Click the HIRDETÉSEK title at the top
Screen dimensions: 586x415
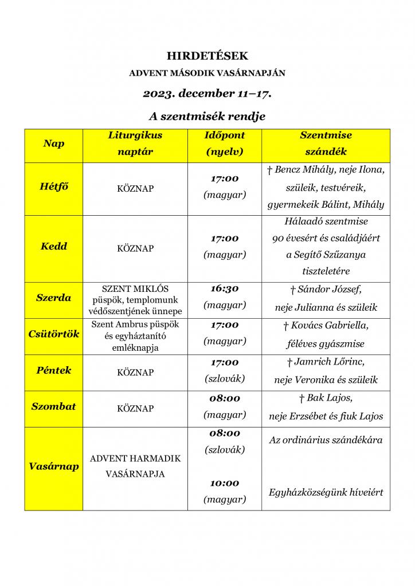(207, 56)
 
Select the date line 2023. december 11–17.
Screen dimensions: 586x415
(207, 93)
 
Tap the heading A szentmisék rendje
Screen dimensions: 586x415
(207, 116)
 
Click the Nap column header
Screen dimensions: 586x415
(53, 144)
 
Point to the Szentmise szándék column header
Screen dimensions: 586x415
(326, 144)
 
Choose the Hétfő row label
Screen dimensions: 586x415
(53, 188)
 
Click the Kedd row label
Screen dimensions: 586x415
(53, 247)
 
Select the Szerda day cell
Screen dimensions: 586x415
(53, 298)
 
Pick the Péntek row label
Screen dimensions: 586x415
(53, 370)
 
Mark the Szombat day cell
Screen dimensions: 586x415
(53, 407)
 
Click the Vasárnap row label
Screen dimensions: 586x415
(53, 466)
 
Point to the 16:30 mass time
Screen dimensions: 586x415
(224, 288)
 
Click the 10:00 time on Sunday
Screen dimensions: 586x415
(224, 484)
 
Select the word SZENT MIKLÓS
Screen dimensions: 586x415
(135, 288)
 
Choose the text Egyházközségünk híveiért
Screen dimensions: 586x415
(326, 492)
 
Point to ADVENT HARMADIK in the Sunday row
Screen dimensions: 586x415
(135, 459)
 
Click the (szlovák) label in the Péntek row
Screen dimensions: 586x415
(224, 378)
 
